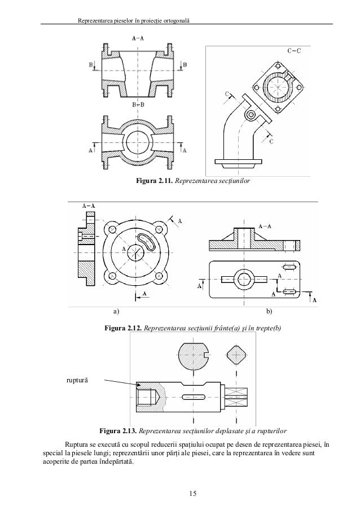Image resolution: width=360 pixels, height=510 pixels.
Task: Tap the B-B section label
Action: pyautogui.click(x=137, y=104)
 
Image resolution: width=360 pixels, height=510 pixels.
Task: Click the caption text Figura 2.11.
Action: pyautogui.click(x=152, y=182)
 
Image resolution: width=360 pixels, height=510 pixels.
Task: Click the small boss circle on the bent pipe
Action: pyautogui.click(x=249, y=115)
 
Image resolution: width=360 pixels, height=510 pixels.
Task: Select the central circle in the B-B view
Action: pyautogui.click(x=137, y=141)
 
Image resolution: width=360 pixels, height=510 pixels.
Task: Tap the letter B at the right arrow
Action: pyautogui.click(x=185, y=66)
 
